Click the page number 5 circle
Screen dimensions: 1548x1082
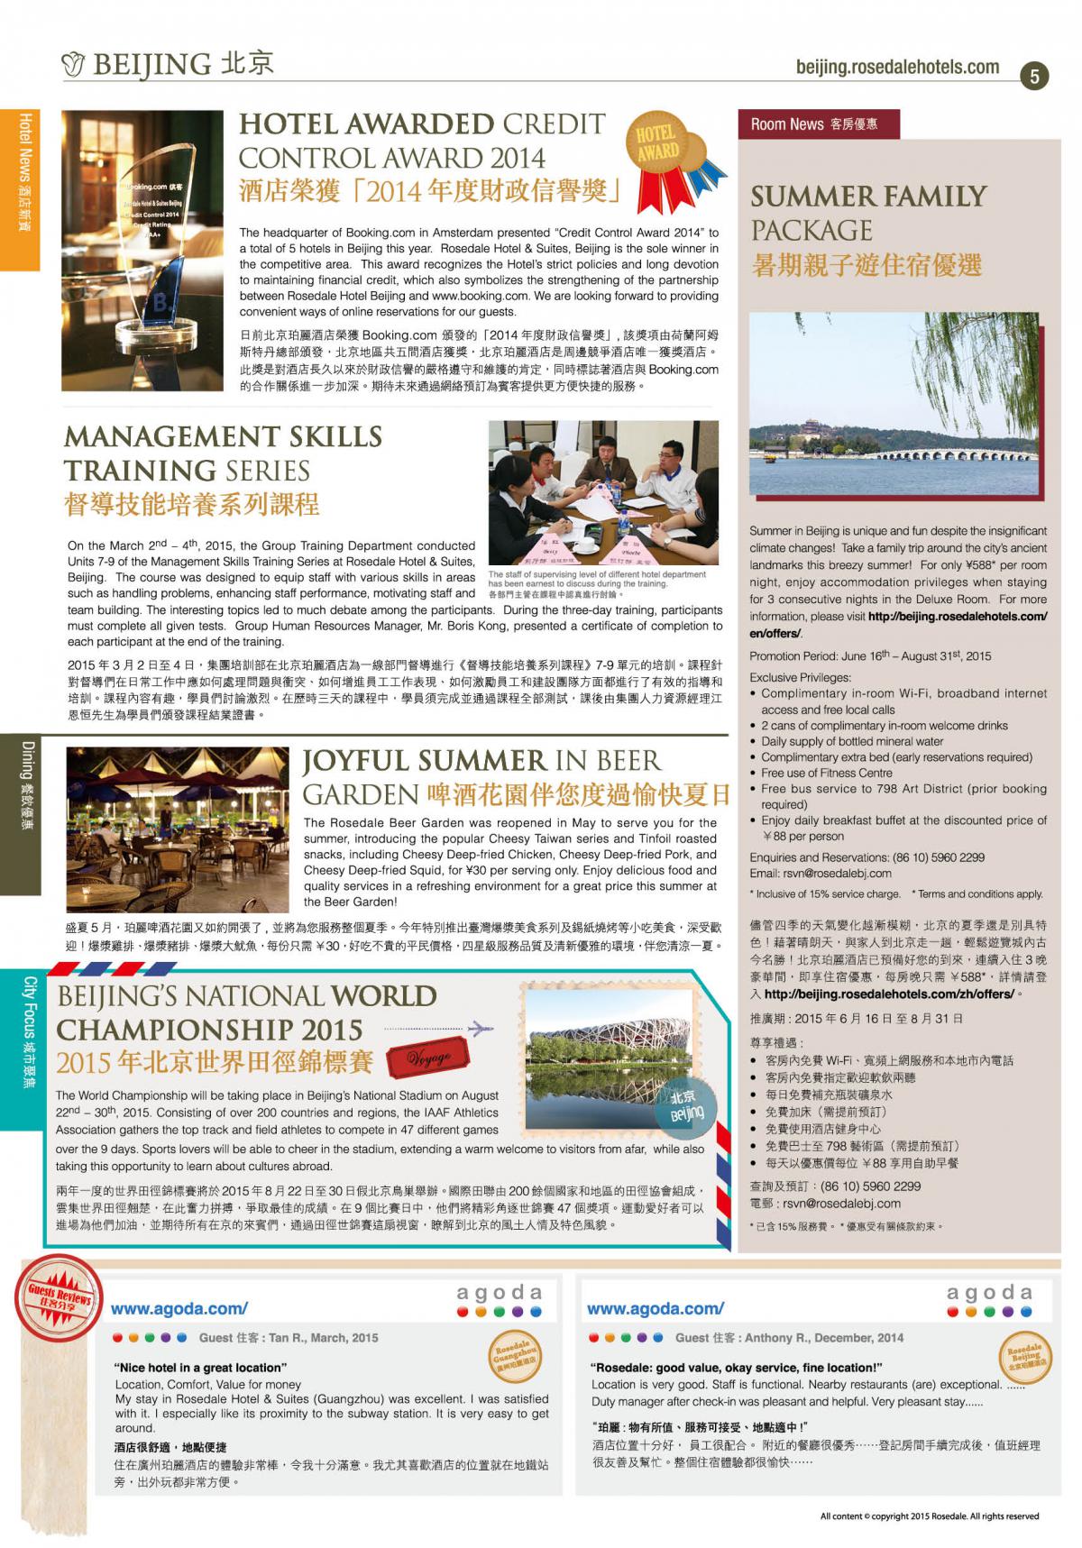pos(1034,77)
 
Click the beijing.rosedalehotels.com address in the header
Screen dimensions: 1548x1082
pos(897,68)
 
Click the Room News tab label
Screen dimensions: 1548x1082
pos(817,124)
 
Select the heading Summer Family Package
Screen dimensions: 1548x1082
pos(868,213)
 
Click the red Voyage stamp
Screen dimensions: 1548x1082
pos(430,1058)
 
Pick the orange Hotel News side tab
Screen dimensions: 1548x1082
pos(20,189)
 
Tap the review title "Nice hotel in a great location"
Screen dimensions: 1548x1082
pos(199,1368)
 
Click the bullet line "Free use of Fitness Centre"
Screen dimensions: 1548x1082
pos(826,773)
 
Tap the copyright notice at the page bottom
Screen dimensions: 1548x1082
pos(929,1516)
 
